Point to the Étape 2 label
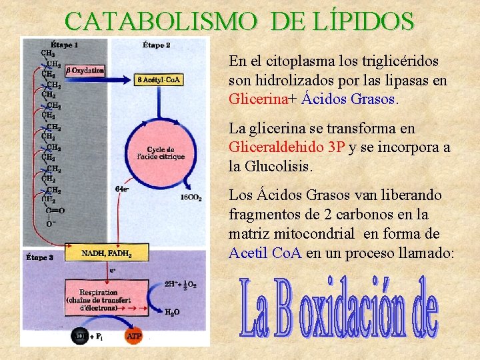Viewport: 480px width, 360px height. [x=157, y=45]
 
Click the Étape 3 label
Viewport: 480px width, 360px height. [x=40, y=257]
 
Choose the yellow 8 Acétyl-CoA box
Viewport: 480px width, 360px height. [x=159, y=79]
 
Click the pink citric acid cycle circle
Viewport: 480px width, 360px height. [x=166, y=153]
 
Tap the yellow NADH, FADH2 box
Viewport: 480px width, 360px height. [x=107, y=253]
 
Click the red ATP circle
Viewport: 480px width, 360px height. [x=133, y=336]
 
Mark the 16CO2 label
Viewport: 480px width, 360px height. [x=191, y=197]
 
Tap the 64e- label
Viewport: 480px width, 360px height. [x=122, y=189]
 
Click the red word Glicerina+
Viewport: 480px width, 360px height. [x=263, y=100]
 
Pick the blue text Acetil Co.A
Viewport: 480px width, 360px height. [x=265, y=253]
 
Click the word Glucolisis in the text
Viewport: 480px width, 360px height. [x=280, y=167]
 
